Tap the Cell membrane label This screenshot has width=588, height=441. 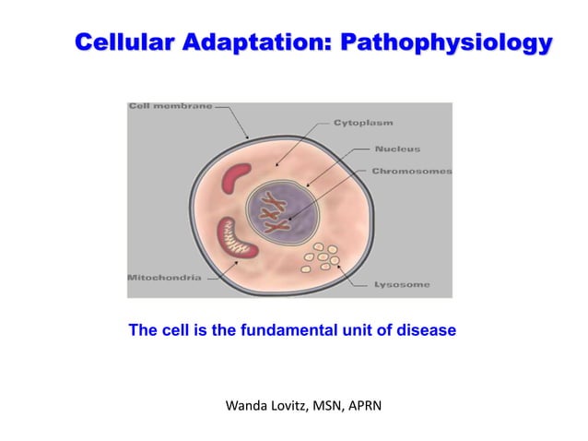tap(170, 106)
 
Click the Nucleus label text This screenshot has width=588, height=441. tap(397, 148)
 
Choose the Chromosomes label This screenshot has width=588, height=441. tap(411, 172)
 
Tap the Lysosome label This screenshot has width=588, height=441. tap(400, 285)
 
